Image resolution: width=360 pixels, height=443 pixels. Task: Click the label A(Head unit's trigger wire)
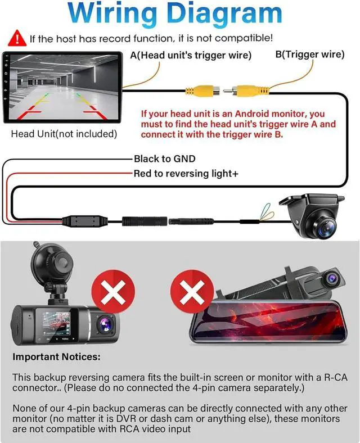pyautogui.click(x=191, y=56)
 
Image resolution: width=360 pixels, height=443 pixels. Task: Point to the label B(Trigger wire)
pyautogui.click(x=309, y=55)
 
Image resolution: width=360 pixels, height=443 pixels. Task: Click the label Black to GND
pyautogui.click(x=164, y=159)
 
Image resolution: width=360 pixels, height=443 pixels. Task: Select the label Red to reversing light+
pyautogui.click(x=186, y=174)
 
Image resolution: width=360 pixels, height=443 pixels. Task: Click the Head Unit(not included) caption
pyautogui.click(x=64, y=134)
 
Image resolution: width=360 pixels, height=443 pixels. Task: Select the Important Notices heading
pyautogui.click(x=56, y=357)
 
